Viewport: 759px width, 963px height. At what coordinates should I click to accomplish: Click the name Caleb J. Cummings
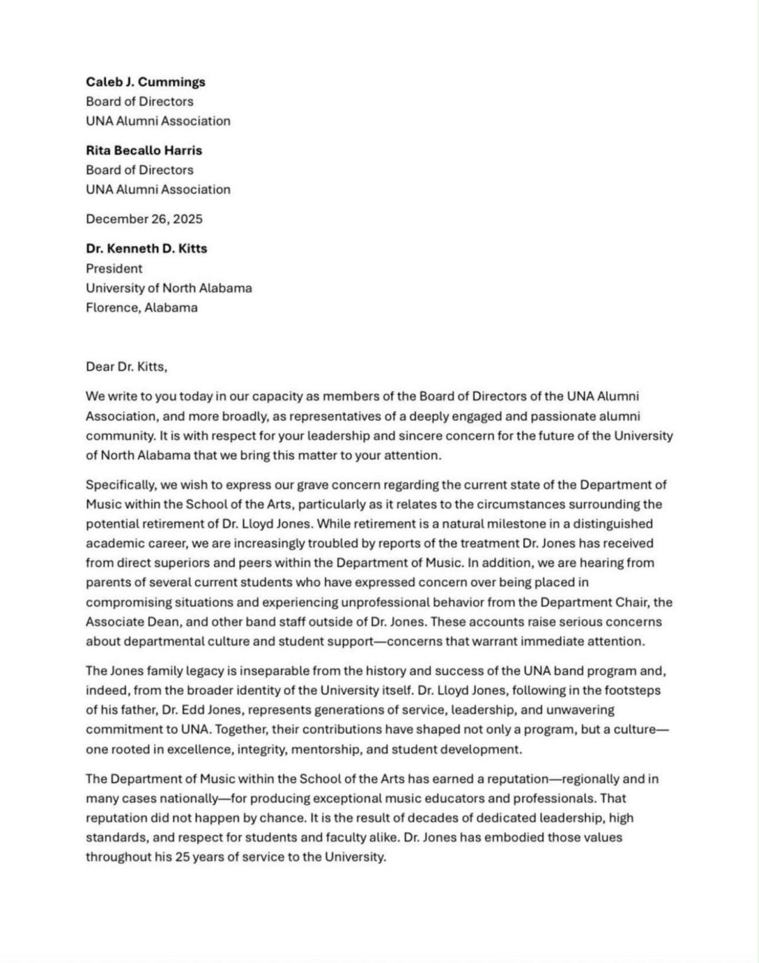coord(145,82)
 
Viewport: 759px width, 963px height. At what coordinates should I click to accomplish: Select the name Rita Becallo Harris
coord(144,150)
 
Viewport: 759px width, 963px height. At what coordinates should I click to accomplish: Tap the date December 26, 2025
coord(144,219)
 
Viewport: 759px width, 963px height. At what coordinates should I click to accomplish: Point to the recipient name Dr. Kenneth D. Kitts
coord(147,248)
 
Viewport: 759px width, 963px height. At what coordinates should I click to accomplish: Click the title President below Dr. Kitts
coord(114,268)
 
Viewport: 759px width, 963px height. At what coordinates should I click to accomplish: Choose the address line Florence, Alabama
coord(142,308)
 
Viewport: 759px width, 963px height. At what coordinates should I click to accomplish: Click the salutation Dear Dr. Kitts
coord(126,367)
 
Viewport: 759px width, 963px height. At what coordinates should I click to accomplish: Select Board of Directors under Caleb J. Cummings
coord(140,101)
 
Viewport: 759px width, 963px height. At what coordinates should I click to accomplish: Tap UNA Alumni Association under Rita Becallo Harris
coord(158,190)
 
